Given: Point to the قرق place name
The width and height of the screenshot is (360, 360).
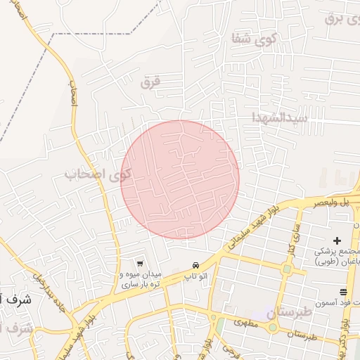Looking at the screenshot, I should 150,82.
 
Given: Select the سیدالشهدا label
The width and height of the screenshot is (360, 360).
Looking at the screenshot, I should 282,117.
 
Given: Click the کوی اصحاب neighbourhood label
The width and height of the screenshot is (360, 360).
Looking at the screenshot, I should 99,174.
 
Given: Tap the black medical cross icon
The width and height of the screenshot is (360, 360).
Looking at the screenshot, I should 337,240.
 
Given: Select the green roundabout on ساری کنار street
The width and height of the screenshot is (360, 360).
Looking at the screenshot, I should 286,269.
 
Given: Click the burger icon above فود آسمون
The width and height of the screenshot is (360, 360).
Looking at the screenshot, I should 343,292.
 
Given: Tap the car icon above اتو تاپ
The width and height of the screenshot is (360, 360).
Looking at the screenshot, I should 195,266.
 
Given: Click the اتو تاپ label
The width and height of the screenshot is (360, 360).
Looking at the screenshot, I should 195,276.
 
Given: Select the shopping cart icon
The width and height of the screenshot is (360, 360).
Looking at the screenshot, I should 141,263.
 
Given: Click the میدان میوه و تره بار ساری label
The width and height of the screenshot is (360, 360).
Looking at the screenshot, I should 141,279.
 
